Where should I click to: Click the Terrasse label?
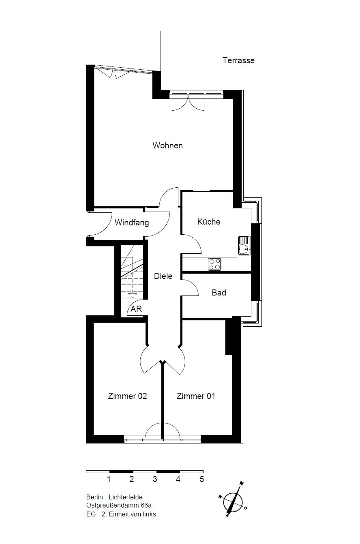[238, 60]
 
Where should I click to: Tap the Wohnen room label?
[167, 146]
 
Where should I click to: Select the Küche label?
[209, 221]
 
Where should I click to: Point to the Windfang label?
[132, 223]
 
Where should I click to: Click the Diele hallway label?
[163, 276]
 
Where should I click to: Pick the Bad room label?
[219, 293]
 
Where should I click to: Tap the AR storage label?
[136, 309]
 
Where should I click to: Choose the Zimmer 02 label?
[127, 396]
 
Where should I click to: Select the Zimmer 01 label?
[196, 396]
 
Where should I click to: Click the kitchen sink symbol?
[244, 246]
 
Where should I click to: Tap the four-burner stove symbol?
[215, 264]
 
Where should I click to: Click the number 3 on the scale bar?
[155, 479]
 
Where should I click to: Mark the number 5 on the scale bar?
[201, 479]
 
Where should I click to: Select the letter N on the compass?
[242, 484]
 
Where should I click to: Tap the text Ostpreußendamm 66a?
[119, 505]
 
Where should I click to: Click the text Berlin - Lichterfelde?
[114, 497]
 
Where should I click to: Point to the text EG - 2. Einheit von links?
[121, 514]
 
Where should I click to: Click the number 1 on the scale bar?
[109, 479]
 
